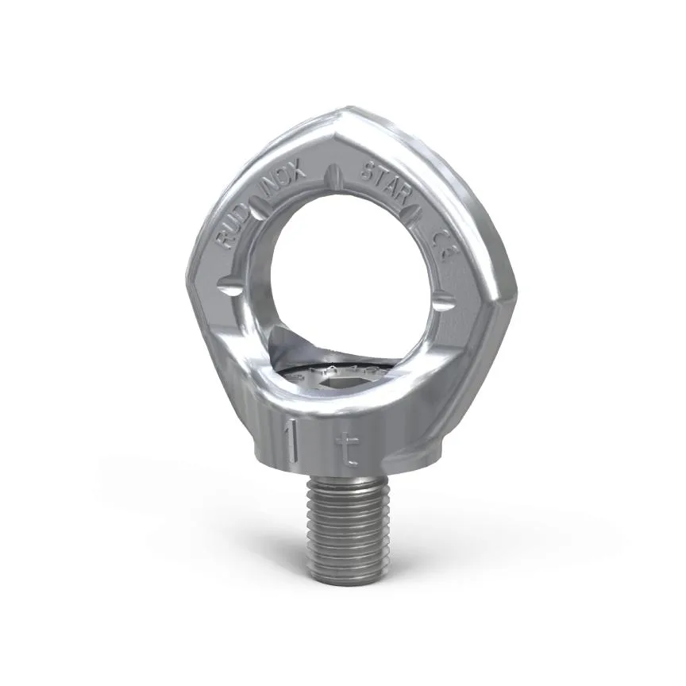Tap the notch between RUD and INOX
click(x=257, y=208)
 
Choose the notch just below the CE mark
click(x=445, y=300)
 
